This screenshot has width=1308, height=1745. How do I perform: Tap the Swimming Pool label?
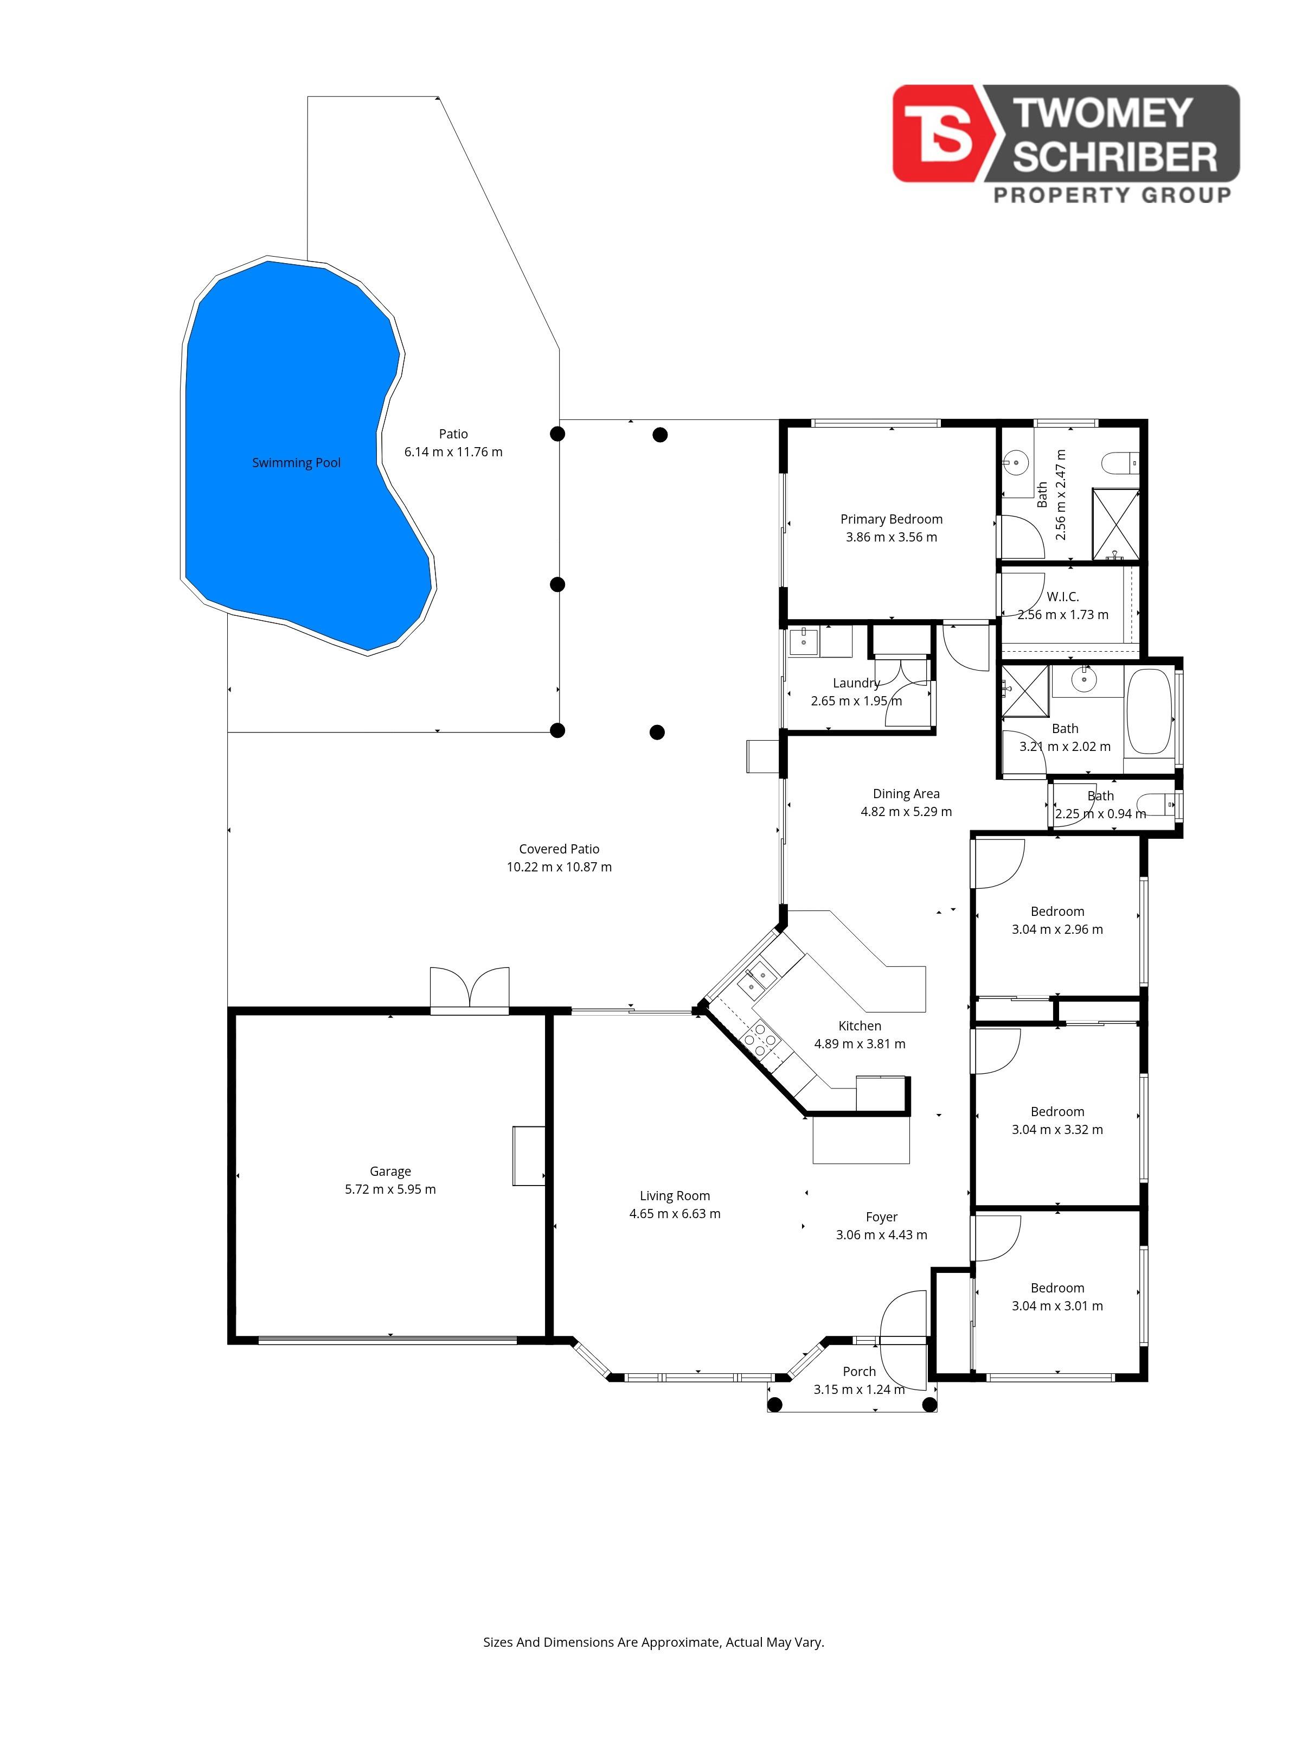[x=297, y=463]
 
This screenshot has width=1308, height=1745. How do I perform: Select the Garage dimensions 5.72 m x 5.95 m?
[x=390, y=1189]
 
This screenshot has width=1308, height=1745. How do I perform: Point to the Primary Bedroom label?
[x=892, y=519]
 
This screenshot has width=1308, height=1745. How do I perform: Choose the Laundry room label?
[x=856, y=683]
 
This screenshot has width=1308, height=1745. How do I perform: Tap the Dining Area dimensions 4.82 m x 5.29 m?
[x=906, y=811]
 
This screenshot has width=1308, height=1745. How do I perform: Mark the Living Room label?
[x=675, y=1196]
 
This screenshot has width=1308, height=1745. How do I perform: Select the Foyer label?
[x=881, y=1217]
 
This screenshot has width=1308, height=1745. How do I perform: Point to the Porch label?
[x=860, y=1372]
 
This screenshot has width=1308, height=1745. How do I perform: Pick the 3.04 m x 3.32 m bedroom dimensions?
[x=1057, y=1129]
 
